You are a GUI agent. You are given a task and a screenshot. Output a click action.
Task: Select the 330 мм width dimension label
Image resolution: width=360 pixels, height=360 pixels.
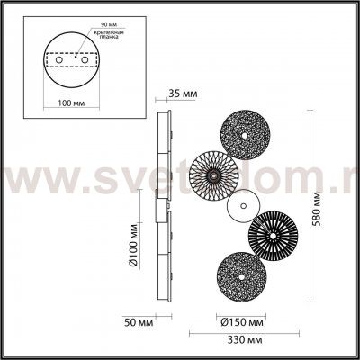(242, 340)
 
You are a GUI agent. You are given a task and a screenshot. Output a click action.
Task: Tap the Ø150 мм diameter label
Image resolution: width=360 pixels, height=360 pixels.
(241, 320)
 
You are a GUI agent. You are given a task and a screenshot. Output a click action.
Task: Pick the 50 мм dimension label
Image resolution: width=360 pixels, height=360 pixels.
(137, 319)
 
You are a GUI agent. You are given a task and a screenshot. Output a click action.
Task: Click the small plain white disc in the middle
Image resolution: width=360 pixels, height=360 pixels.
(240, 209)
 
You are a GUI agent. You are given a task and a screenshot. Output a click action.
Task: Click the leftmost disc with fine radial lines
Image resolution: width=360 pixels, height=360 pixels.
(212, 171)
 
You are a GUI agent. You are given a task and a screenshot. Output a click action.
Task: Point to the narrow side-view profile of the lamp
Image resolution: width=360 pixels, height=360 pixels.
(164, 207)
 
